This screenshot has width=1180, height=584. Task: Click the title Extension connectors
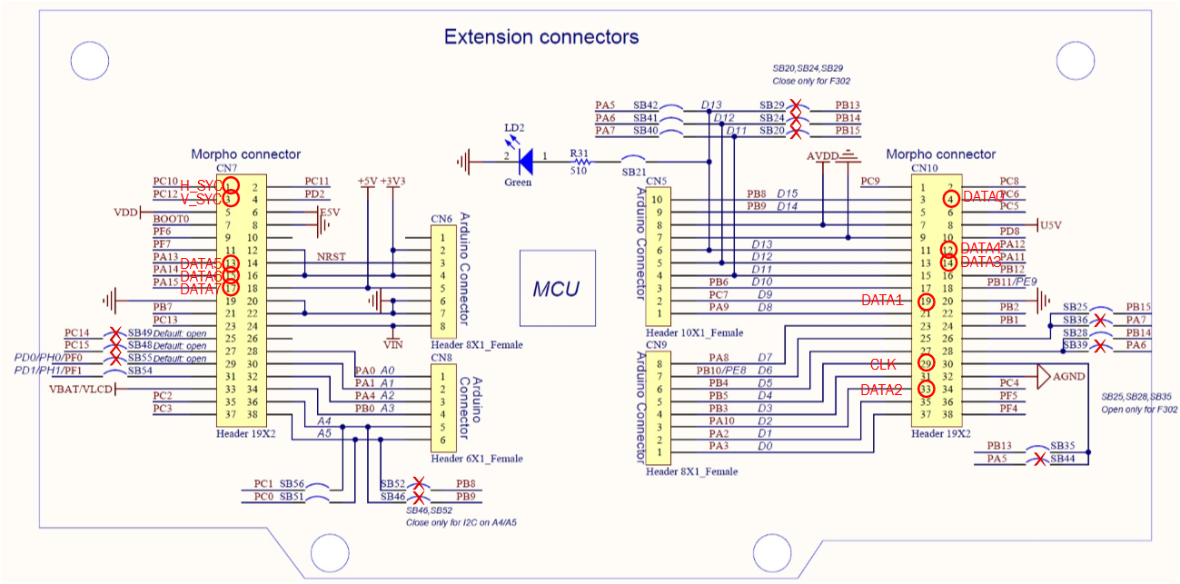coord(540,37)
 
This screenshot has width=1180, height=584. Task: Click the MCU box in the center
coord(556,289)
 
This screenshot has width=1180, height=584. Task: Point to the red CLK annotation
coord(884,364)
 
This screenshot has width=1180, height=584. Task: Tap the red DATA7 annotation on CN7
coord(201,289)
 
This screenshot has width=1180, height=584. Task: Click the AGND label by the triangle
coord(1068,376)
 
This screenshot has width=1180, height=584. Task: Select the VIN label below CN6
coord(392,343)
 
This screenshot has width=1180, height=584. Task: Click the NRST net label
coord(330,257)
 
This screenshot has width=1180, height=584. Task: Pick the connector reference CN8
coord(441,358)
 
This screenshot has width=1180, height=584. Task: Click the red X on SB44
coord(1041,460)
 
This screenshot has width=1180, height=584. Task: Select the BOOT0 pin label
coord(172,219)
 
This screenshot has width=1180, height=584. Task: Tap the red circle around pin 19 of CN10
coord(926,301)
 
